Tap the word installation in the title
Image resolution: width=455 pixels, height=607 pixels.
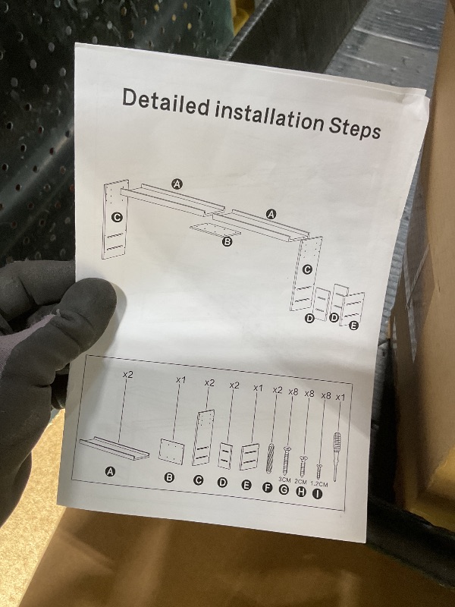click(x=269, y=116)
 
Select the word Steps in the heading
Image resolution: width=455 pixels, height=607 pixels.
click(x=355, y=127)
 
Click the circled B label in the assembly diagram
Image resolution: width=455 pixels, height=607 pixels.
click(x=227, y=242)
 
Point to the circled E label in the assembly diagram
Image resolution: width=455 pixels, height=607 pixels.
click(x=353, y=326)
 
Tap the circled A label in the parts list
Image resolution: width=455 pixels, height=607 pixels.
click(x=111, y=471)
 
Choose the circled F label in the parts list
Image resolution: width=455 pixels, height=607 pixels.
click(x=268, y=488)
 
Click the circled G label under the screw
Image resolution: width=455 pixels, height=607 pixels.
click(x=284, y=489)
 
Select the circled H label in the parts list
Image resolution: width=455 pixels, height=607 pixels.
click(x=300, y=492)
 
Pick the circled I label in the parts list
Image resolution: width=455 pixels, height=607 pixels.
click(x=317, y=494)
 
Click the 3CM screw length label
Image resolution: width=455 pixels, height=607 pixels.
click(x=284, y=480)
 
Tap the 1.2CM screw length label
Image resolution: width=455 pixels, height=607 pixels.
click(x=319, y=484)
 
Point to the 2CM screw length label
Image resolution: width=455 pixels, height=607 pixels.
click(x=300, y=482)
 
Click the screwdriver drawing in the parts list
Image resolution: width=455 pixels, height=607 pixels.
click(x=336, y=455)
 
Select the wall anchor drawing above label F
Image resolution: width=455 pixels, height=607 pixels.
click(x=270, y=458)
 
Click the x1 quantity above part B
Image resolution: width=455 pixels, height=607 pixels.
click(x=180, y=380)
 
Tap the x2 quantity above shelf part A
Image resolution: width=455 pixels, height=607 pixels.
click(x=127, y=374)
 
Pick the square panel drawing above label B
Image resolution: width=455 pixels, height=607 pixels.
click(x=171, y=451)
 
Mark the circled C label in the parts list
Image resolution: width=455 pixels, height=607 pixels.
click(x=198, y=480)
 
